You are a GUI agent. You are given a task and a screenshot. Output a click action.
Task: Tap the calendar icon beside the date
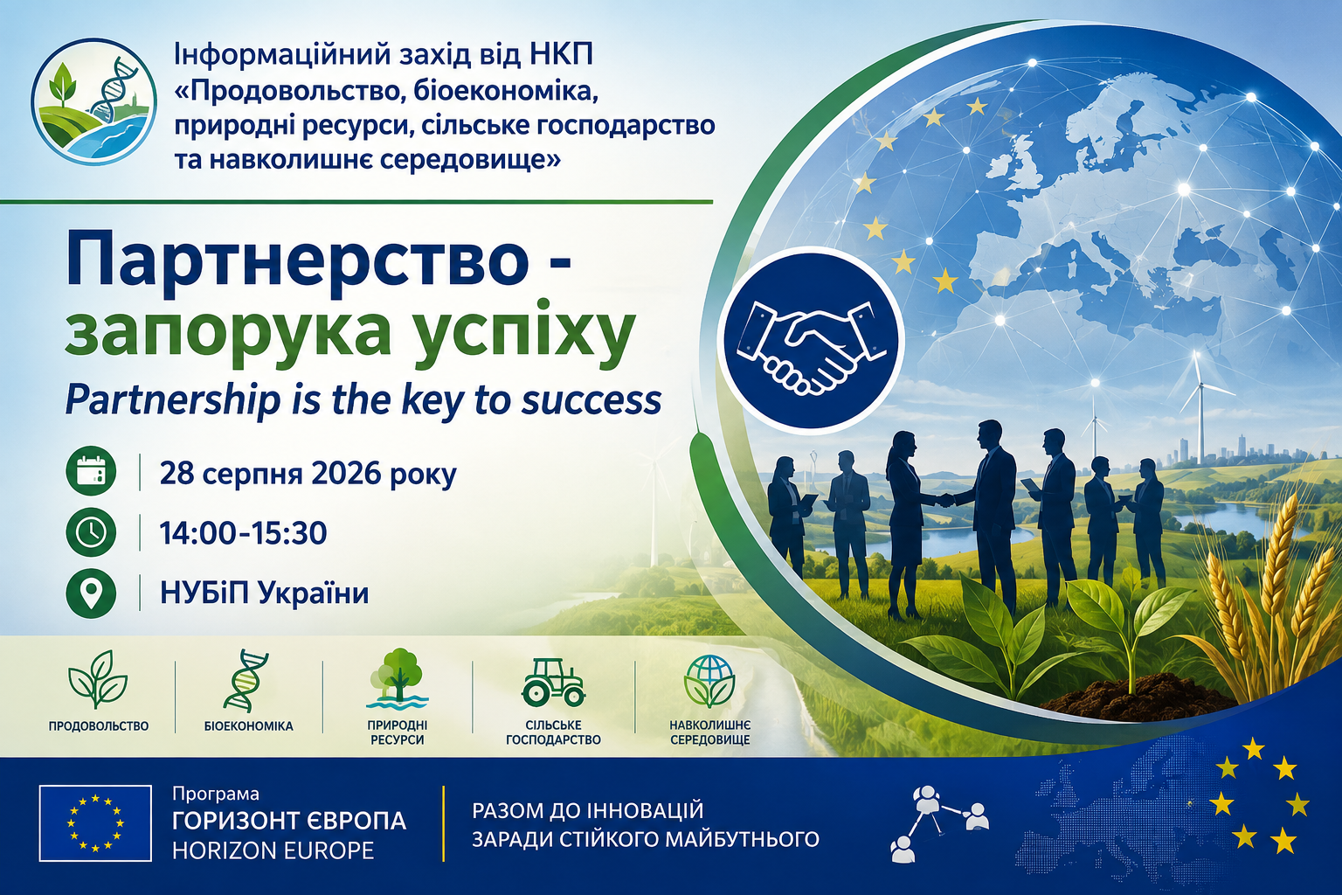coord(91,472)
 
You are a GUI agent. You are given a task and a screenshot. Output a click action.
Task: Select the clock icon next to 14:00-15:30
coord(91,531)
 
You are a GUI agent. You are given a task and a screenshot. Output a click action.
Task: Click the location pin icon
coord(91,593)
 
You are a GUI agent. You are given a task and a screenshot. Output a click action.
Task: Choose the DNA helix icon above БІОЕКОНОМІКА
coord(246,680)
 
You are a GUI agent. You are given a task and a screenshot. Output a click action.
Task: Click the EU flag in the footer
coord(95,823)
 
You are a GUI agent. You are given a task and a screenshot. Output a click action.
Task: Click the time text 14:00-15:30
coord(243,532)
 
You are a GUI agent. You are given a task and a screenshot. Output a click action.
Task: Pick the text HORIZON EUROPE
coord(273,850)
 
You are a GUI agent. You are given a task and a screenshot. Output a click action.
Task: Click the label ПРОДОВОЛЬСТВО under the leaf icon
coord(98,726)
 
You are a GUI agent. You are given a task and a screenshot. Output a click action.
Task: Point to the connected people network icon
coord(939,822)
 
